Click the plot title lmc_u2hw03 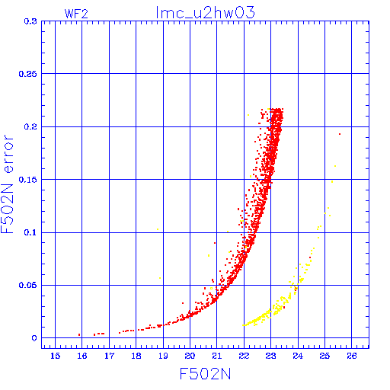[205, 13]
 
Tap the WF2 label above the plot [76, 14]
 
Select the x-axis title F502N [205, 374]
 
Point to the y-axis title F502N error [7, 184]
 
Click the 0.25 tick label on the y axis [28, 74]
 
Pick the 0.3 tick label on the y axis [30, 21]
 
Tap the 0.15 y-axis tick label [28, 180]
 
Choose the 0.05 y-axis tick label [28, 285]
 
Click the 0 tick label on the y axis [34, 338]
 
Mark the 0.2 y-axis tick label [30, 126]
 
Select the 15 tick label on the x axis [55, 356]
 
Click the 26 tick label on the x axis [352, 356]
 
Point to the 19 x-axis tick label [163, 356]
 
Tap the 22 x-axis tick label [244, 356]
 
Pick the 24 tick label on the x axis [298, 356]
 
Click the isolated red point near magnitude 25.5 [340, 134]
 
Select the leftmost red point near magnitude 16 [79, 335]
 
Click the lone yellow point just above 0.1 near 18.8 [158, 229]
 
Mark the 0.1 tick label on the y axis [30, 232]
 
